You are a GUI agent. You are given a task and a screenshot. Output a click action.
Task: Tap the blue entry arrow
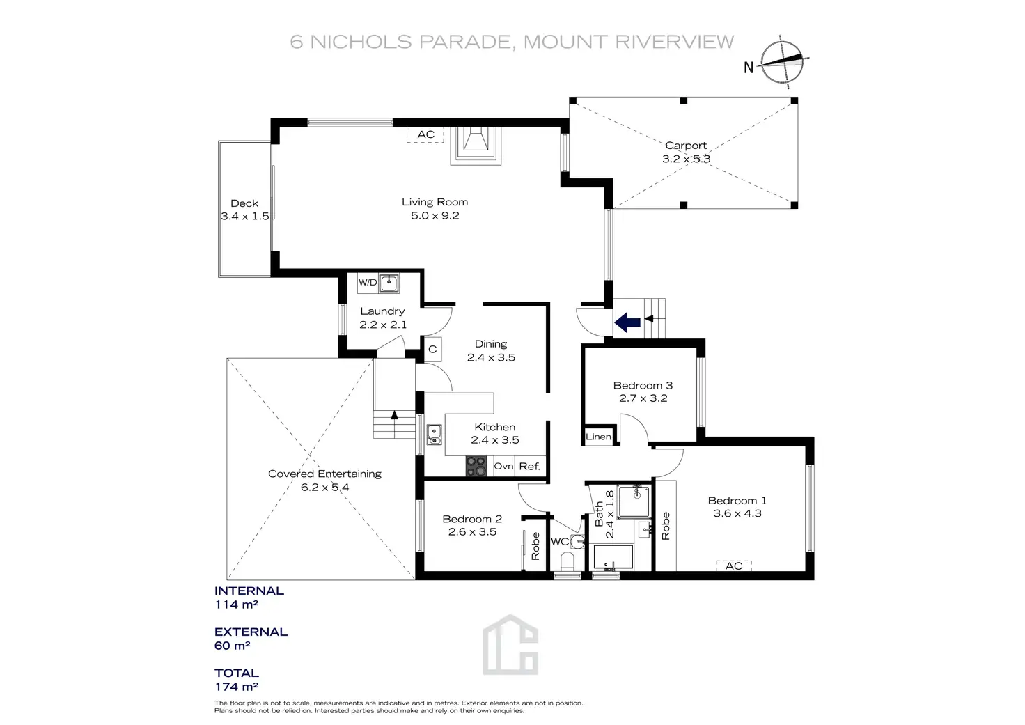(x=627, y=322)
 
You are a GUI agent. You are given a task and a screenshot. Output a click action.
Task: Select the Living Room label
(x=435, y=202)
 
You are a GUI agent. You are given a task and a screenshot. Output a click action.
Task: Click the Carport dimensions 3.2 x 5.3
(x=686, y=159)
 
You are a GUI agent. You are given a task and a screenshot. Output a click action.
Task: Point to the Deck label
(x=244, y=203)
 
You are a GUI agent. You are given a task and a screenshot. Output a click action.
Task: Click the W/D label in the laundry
(x=368, y=282)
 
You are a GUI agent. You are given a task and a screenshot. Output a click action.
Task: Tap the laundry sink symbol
(x=389, y=283)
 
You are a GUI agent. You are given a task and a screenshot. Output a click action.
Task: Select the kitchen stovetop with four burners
(x=477, y=466)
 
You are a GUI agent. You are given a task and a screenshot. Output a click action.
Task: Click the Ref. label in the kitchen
(x=529, y=466)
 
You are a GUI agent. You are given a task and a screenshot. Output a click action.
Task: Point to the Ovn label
(x=503, y=466)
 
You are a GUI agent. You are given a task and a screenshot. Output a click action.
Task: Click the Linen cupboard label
(x=598, y=437)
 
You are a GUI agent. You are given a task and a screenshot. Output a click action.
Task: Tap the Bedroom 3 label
(x=643, y=385)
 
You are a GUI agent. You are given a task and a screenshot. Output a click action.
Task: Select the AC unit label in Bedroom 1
(x=734, y=566)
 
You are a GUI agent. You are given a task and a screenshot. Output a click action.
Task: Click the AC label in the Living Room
(x=425, y=134)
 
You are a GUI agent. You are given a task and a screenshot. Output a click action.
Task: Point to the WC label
(x=559, y=542)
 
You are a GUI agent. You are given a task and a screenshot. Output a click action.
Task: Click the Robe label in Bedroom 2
(x=535, y=547)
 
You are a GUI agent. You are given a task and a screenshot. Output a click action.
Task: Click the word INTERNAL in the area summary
(x=249, y=591)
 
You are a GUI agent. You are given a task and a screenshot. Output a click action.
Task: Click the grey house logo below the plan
(x=510, y=645)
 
